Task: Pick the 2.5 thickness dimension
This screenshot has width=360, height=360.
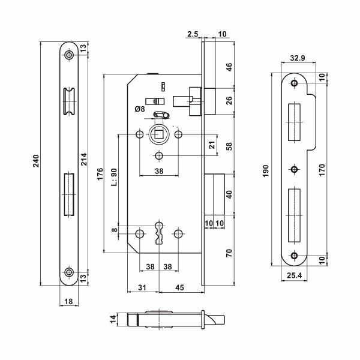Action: pos(192,35)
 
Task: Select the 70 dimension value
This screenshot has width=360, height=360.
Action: pos(229,253)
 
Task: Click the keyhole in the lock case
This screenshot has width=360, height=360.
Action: pos(160,232)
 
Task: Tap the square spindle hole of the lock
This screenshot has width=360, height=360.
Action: pos(159,135)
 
